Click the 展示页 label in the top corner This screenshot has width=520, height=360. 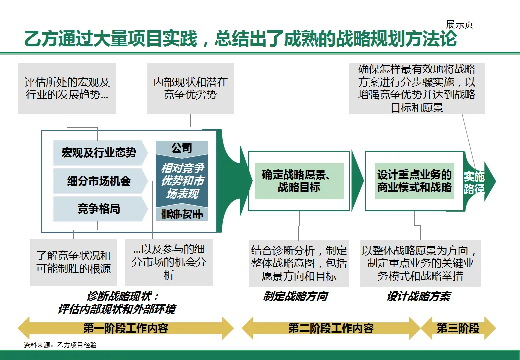pyautogui.click(x=459, y=25)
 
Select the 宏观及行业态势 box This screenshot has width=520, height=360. pyautogui.click(x=99, y=153)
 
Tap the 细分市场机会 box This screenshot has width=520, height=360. pyautogui.click(x=99, y=181)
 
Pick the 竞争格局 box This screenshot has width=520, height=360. pyautogui.click(x=99, y=209)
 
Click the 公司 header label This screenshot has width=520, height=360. pyautogui.click(x=182, y=148)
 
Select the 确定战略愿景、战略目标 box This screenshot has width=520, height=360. pyautogui.click(x=299, y=181)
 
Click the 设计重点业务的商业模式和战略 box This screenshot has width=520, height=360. pyautogui.click(x=414, y=181)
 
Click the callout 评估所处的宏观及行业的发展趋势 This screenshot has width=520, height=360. pyautogui.click(x=67, y=88)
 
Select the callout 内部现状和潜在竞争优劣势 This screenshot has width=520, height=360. pyautogui.click(x=190, y=88)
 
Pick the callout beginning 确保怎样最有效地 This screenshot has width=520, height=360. pyautogui.click(x=417, y=88)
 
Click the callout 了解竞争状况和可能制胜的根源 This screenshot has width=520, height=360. pyautogui.click(x=73, y=262)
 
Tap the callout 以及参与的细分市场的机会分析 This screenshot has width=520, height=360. pyautogui.click(x=169, y=262)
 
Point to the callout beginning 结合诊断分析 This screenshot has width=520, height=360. pyautogui.click(x=299, y=263)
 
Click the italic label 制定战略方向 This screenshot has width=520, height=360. pyautogui.click(x=295, y=296)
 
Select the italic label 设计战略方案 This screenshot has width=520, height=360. pyautogui.click(x=418, y=296)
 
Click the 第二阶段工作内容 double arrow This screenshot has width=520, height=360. pyautogui.click(x=331, y=328)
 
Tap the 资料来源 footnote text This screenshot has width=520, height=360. pyautogui.click(x=60, y=345)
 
